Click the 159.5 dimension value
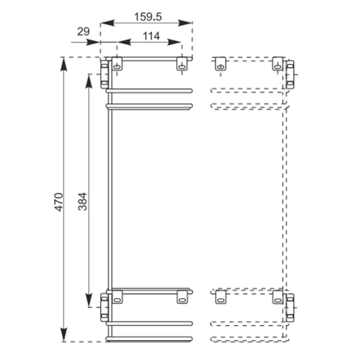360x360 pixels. click(148, 17)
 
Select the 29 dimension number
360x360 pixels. click(83, 31)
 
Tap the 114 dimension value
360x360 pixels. click(151, 36)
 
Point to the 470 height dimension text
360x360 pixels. click(58, 202)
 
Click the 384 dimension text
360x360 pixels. click(83, 202)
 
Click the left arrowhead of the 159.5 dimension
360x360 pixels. click(107, 23)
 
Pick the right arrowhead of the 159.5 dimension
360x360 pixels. click(185, 23)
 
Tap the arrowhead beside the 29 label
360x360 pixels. click(93, 42)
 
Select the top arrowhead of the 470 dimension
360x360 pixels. click(64, 64)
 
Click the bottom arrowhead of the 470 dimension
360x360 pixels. click(64, 334)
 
